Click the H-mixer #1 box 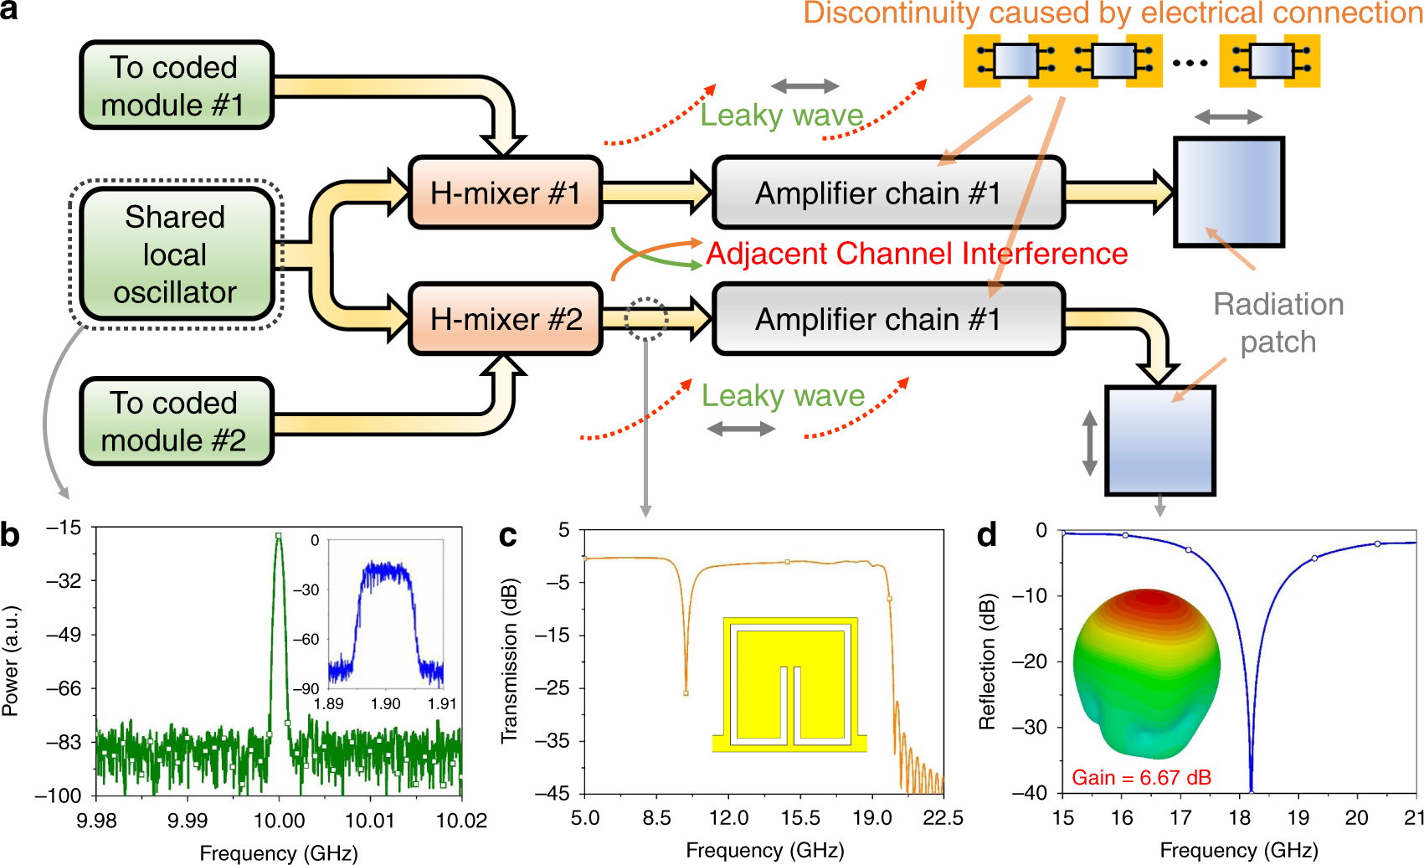(x=505, y=193)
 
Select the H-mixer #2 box (x=505, y=319)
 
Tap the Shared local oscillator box (x=176, y=255)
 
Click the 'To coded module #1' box (x=176, y=85)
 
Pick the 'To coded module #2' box (x=176, y=421)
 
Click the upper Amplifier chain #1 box (x=887, y=193)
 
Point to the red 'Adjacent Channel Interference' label (x=917, y=253)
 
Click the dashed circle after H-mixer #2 (x=645, y=319)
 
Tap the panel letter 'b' (x=10, y=534)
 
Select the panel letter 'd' (x=987, y=534)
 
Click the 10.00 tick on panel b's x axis (x=279, y=821)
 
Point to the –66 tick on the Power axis (x=64, y=688)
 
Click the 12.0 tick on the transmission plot (x=728, y=817)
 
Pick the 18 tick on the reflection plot (x=1239, y=817)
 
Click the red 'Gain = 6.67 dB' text (x=1141, y=778)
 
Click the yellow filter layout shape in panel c (x=789, y=682)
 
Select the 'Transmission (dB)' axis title (x=509, y=662)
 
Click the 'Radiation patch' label (x=1278, y=323)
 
